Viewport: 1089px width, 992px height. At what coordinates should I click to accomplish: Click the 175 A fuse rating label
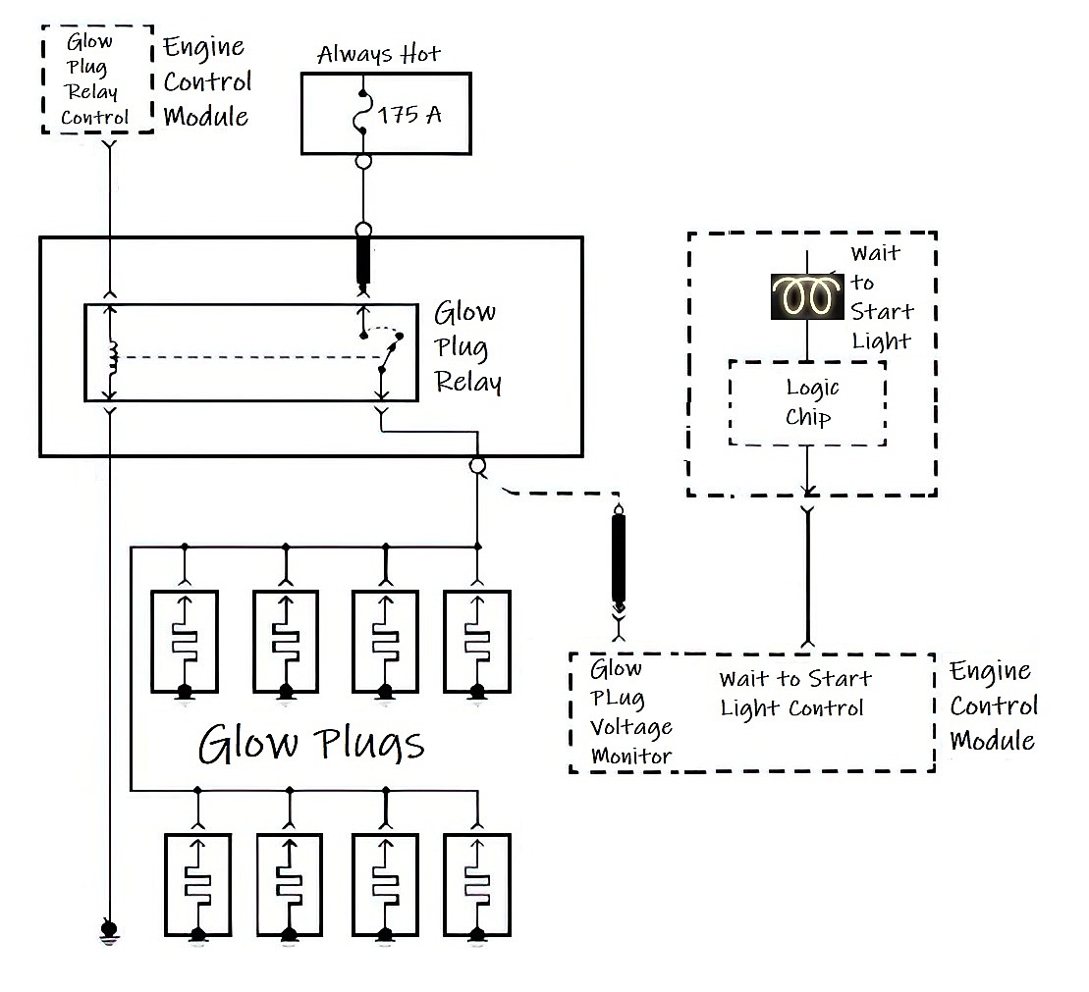pos(409,114)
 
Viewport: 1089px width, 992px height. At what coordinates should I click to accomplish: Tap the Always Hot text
pos(378,54)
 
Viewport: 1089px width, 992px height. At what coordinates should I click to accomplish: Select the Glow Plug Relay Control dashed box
pos(98,79)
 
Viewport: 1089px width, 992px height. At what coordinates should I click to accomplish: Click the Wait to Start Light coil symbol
pos(806,295)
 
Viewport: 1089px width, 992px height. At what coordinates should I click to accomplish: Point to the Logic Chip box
pos(807,402)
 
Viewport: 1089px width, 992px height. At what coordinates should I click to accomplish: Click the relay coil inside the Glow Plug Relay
pos(113,360)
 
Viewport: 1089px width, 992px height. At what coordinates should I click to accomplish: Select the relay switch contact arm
pos(390,354)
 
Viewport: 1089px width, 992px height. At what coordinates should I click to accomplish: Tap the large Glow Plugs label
pos(311,743)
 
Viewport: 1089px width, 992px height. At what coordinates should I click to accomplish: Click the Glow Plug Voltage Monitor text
pos(629,712)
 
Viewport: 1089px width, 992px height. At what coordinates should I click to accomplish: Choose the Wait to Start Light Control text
pos(794,693)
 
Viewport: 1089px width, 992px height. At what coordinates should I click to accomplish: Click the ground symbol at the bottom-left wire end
pos(108,930)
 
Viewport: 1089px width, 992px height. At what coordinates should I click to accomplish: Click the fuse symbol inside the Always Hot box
pos(362,113)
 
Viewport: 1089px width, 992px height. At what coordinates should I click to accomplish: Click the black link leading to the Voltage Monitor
pos(619,559)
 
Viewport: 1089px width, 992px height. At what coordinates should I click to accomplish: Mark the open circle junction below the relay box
pos(477,466)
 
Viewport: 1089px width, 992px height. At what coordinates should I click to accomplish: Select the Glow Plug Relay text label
pos(467,346)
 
